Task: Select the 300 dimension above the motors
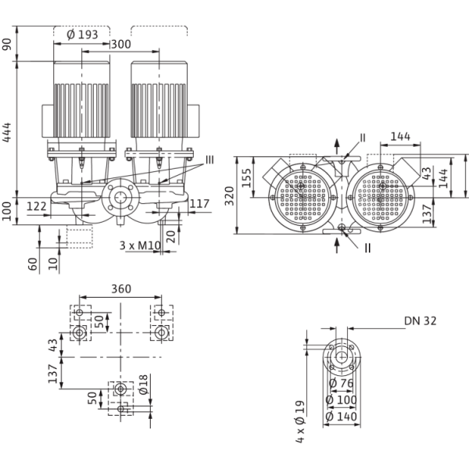point(120,46)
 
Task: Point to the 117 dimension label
point(201,206)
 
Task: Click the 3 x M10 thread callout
point(140,245)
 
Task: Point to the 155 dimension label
point(246,175)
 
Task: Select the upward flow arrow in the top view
point(338,144)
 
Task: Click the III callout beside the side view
point(209,160)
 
